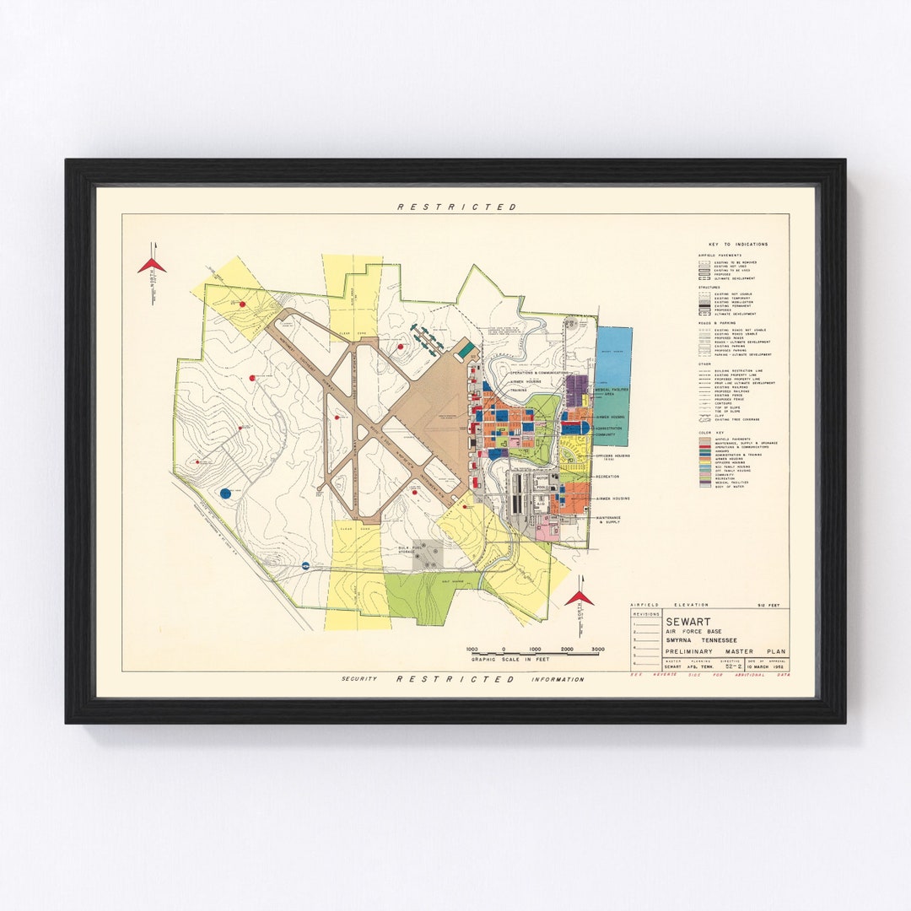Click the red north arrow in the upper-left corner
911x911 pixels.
152,266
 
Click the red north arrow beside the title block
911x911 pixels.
579,597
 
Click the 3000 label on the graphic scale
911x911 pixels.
598,650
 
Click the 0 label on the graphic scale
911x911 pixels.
504,650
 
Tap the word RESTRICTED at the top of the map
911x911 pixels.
456,207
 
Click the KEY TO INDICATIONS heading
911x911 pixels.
739,245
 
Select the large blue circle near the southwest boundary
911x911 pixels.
225,493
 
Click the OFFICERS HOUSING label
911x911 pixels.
613,456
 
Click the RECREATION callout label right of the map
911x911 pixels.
607,477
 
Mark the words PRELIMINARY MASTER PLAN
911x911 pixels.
723,652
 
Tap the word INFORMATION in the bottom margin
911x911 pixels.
557,679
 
